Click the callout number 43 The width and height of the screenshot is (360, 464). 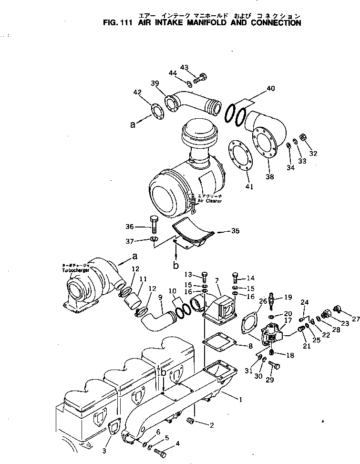pos(185,67)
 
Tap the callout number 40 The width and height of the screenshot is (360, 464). pos(270,88)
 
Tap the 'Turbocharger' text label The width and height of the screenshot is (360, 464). pos(75,270)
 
